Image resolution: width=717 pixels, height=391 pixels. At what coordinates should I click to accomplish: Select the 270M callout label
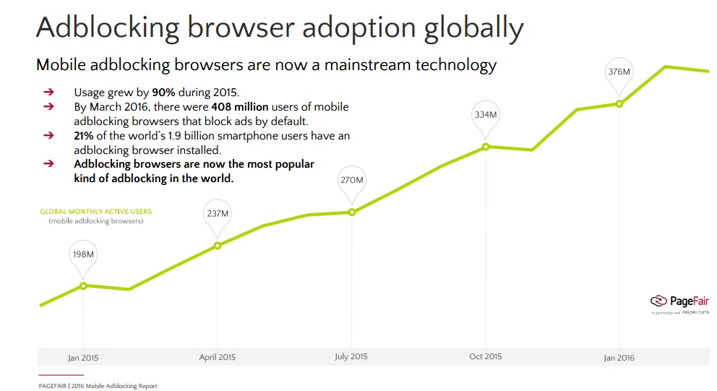point(351,180)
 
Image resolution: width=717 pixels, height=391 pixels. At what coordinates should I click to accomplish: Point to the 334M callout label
point(485,114)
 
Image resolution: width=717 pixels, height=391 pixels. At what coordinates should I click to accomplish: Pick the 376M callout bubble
point(619,72)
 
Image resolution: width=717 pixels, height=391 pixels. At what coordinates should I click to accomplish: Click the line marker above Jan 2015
point(83,285)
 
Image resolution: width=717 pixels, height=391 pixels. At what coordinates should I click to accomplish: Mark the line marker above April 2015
point(217,246)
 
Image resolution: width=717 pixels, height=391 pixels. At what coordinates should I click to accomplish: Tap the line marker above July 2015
point(351,212)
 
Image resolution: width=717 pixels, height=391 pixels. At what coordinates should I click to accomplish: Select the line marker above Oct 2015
point(486,147)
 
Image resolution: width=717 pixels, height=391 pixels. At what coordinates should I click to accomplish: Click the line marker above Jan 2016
point(619,103)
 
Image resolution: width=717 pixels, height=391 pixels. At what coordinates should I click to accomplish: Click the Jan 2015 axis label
point(83,357)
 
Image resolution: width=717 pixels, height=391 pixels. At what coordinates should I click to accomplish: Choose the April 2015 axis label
point(217,357)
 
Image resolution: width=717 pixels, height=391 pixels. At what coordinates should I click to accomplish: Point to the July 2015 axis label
point(351,357)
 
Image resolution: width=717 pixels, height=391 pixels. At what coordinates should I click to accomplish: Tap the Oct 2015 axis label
point(485,357)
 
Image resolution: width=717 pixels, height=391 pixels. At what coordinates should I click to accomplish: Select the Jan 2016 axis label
point(619,357)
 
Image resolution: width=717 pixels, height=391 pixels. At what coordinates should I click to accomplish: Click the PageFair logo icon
point(658,301)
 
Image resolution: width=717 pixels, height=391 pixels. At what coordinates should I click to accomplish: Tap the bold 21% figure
point(84,136)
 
